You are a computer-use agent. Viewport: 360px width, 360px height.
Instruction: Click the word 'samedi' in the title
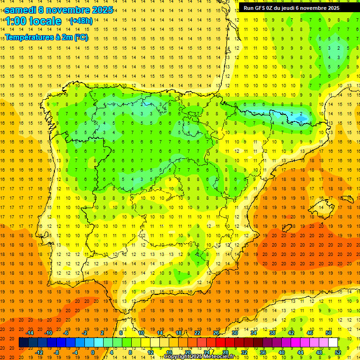(x=20, y=10)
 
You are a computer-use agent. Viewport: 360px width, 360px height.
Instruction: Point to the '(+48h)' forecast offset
(x=81, y=21)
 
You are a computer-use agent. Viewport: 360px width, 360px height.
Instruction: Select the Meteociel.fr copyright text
(x=200, y=357)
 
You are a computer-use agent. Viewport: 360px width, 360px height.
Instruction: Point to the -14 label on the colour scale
(x=30, y=332)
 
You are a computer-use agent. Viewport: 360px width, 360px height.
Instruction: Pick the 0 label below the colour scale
(x=93, y=352)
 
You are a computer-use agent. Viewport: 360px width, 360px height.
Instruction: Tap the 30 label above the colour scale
(x=235, y=332)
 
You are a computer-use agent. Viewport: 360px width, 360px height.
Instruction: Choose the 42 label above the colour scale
(x=291, y=332)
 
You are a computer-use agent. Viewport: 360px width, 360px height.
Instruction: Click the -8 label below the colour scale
(x=57, y=352)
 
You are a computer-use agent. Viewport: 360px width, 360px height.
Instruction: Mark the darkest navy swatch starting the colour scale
(x=23, y=342)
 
